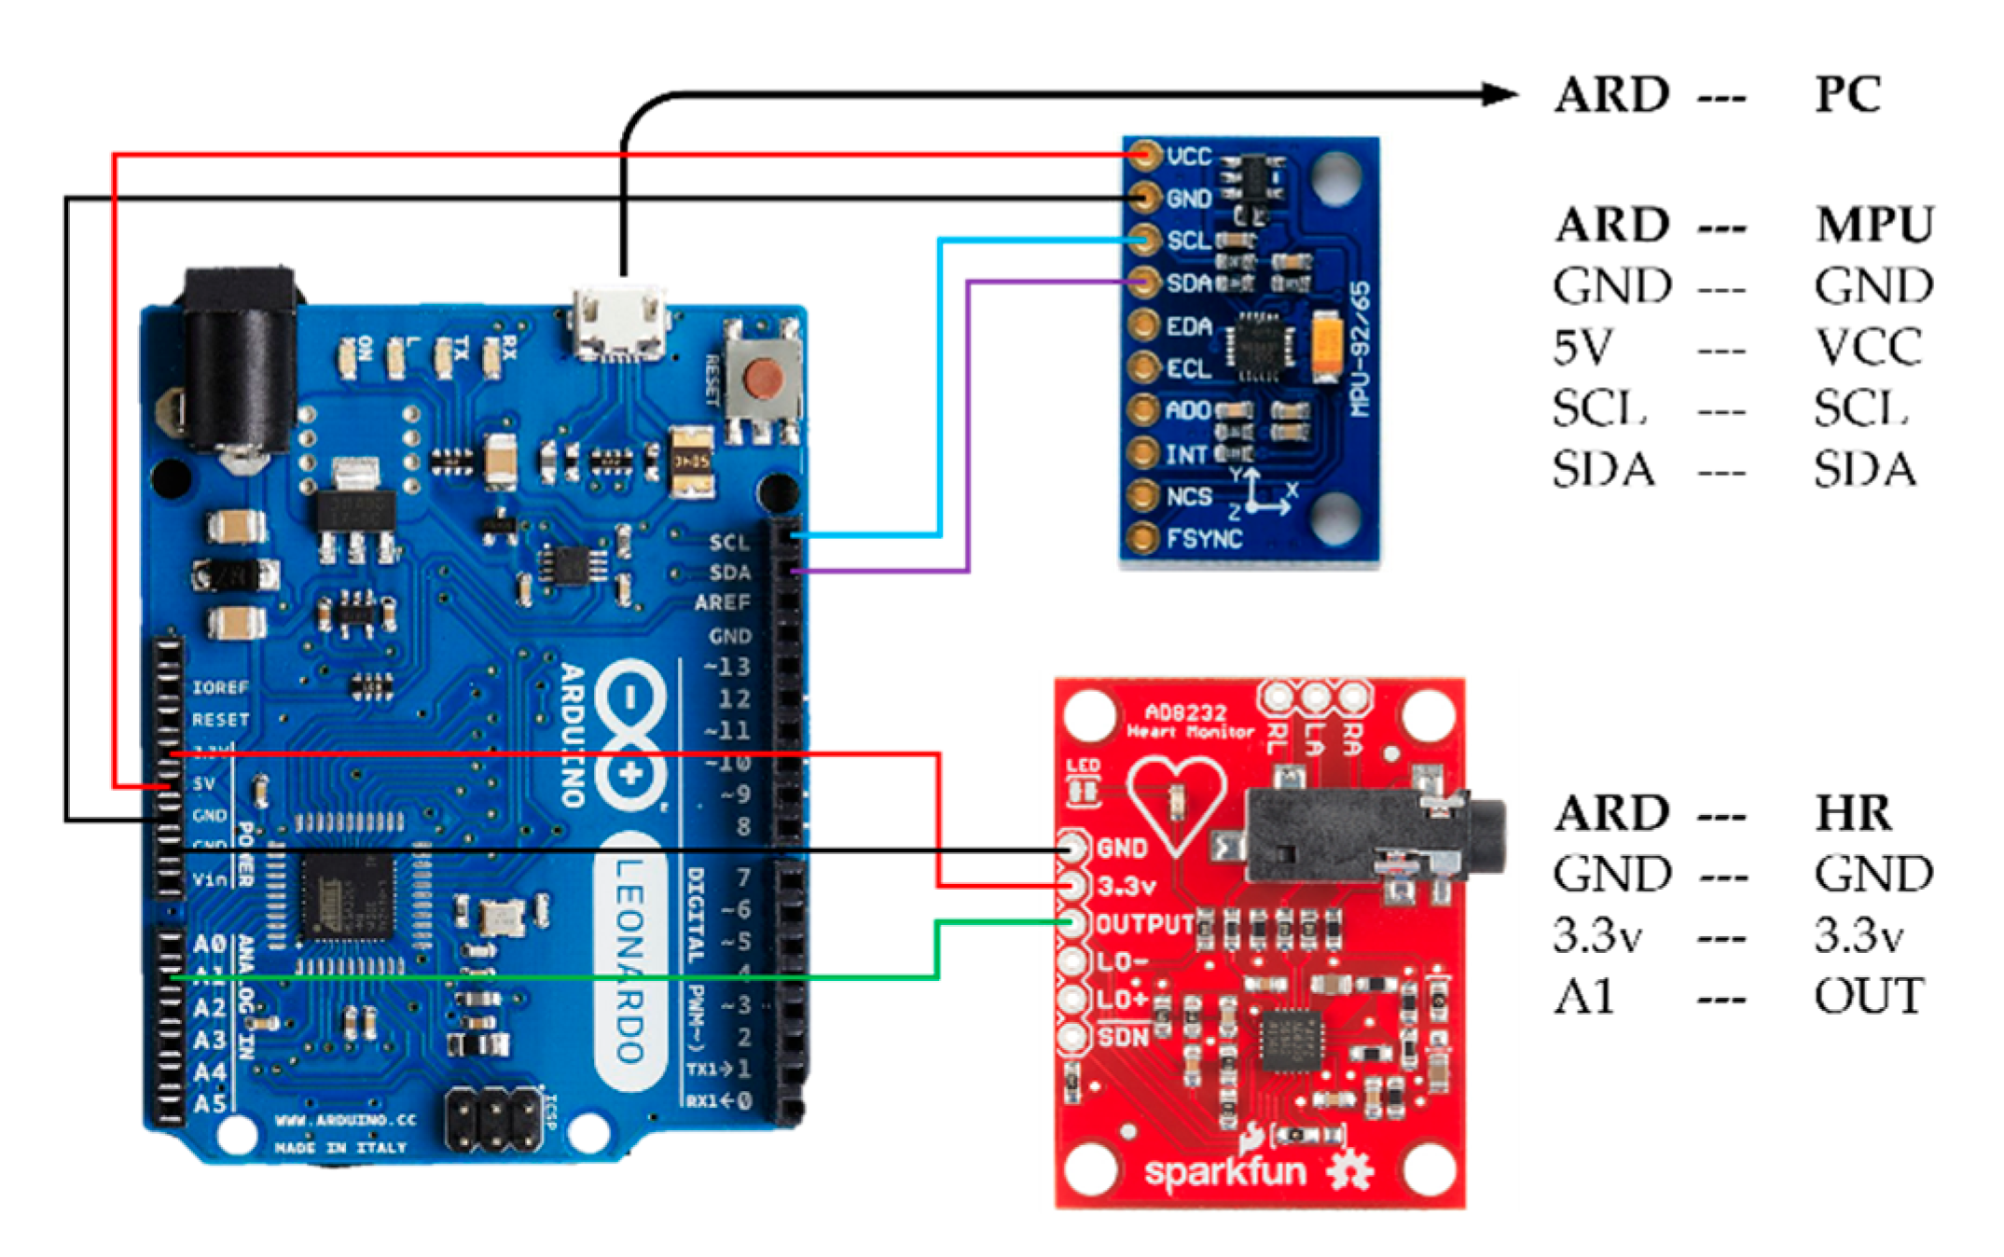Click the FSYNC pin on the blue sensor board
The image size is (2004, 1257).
pos(1142,538)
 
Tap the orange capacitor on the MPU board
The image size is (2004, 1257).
pos(1326,346)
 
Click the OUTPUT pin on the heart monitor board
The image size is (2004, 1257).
pos(1073,923)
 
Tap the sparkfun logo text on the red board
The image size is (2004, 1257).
pos(1224,1171)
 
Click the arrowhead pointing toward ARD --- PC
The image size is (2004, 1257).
pos(1500,94)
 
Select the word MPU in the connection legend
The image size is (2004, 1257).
pos(1874,225)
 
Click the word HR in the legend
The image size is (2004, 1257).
pos(1854,813)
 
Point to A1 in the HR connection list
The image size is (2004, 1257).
pos(1583,997)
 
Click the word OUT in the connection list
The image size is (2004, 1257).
pos(1869,997)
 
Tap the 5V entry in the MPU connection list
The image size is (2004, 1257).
pos(1582,347)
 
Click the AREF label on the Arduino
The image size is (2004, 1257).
pos(722,603)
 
